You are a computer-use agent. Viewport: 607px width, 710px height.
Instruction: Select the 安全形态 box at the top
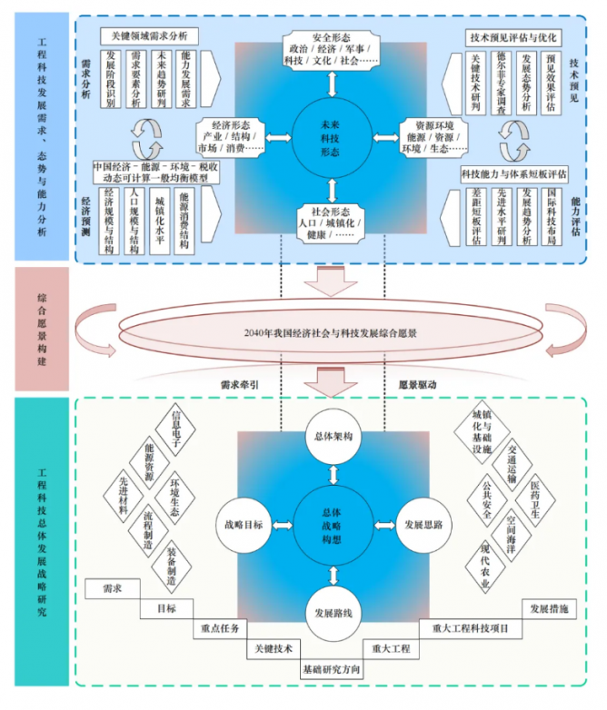click(x=332, y=52)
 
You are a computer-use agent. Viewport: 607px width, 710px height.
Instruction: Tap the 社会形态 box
click(x=332, y=221)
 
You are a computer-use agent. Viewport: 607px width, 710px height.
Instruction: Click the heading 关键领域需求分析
click(x=150, y=36)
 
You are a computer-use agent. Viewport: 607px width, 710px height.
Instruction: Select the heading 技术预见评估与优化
click(x=513, y=37)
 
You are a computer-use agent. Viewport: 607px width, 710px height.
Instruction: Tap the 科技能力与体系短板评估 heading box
click(x=513, y=169)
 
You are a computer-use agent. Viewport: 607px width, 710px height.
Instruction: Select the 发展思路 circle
click(x=423, y=525)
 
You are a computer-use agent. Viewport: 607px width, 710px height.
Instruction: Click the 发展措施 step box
click(x=548, y=608)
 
